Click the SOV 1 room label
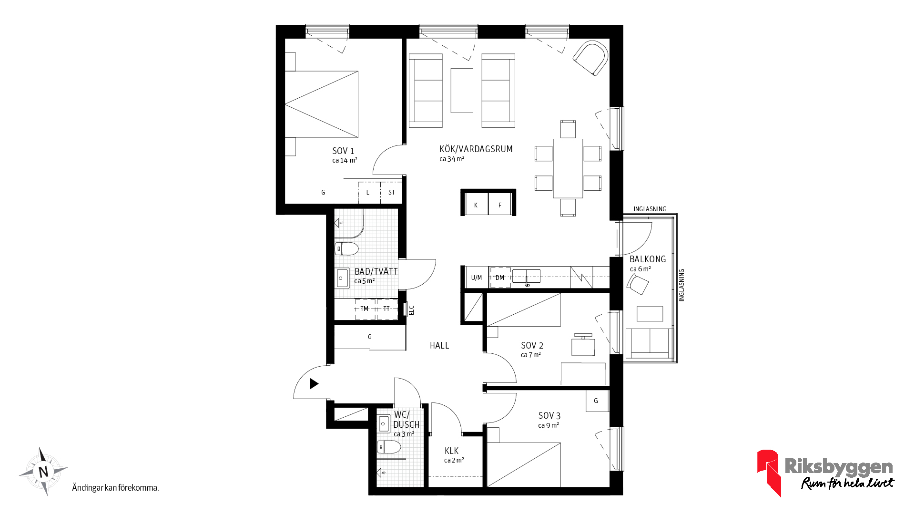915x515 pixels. (x=343, y=151)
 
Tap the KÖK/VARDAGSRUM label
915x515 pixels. (x=476, y=149)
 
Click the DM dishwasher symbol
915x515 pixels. (x=500, y=278)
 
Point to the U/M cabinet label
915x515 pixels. (x=477, y=278)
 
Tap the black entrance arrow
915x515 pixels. (x=314, y=383)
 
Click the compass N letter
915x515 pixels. (x=43, y=472)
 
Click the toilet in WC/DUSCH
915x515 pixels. (x=389, y=447)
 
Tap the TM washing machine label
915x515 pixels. (x=365, y=309)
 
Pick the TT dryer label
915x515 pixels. (x=386, y=309)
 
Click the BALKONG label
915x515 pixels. (x=648, y=259)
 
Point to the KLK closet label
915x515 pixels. (x=452, y=451)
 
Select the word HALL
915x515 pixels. (x=439, y=345)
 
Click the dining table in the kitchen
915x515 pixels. (x=568, y=168)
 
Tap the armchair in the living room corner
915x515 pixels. (x=591, y=58)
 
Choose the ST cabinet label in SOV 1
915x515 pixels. (x=391, y=192)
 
